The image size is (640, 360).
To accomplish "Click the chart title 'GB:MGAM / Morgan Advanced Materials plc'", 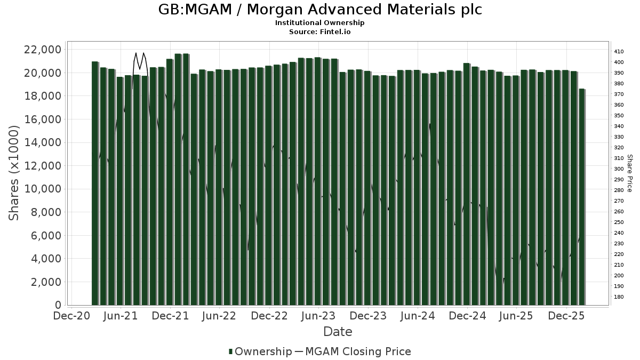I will (x=320, y=10).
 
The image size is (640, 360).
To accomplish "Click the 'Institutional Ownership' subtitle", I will (x=320, y=23).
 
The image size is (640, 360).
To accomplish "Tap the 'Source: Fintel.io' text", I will (x=320, y=31).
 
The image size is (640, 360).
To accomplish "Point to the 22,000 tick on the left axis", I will (x=42, y=50).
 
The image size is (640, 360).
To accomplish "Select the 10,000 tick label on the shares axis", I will (x=42, y=189).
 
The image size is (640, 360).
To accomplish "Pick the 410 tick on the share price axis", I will (x=619, y=52).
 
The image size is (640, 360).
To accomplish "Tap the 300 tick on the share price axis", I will (x=619, y=169).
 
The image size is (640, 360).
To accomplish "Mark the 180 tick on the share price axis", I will (x=619, y=297).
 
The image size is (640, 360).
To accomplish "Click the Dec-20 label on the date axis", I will (x=71, y=316).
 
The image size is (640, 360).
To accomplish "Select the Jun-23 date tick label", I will (x=318, y=316).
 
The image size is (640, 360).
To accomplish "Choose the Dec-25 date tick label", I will (x=566, y=316).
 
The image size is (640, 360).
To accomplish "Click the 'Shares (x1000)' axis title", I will (x=14, y=173).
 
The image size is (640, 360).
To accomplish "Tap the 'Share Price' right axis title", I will (x=629, y=173).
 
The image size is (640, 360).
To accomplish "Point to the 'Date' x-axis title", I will (x=338, y=332).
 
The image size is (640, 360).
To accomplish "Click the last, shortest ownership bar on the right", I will (x=582, y=197).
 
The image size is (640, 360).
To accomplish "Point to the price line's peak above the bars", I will (x=136, y=53).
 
